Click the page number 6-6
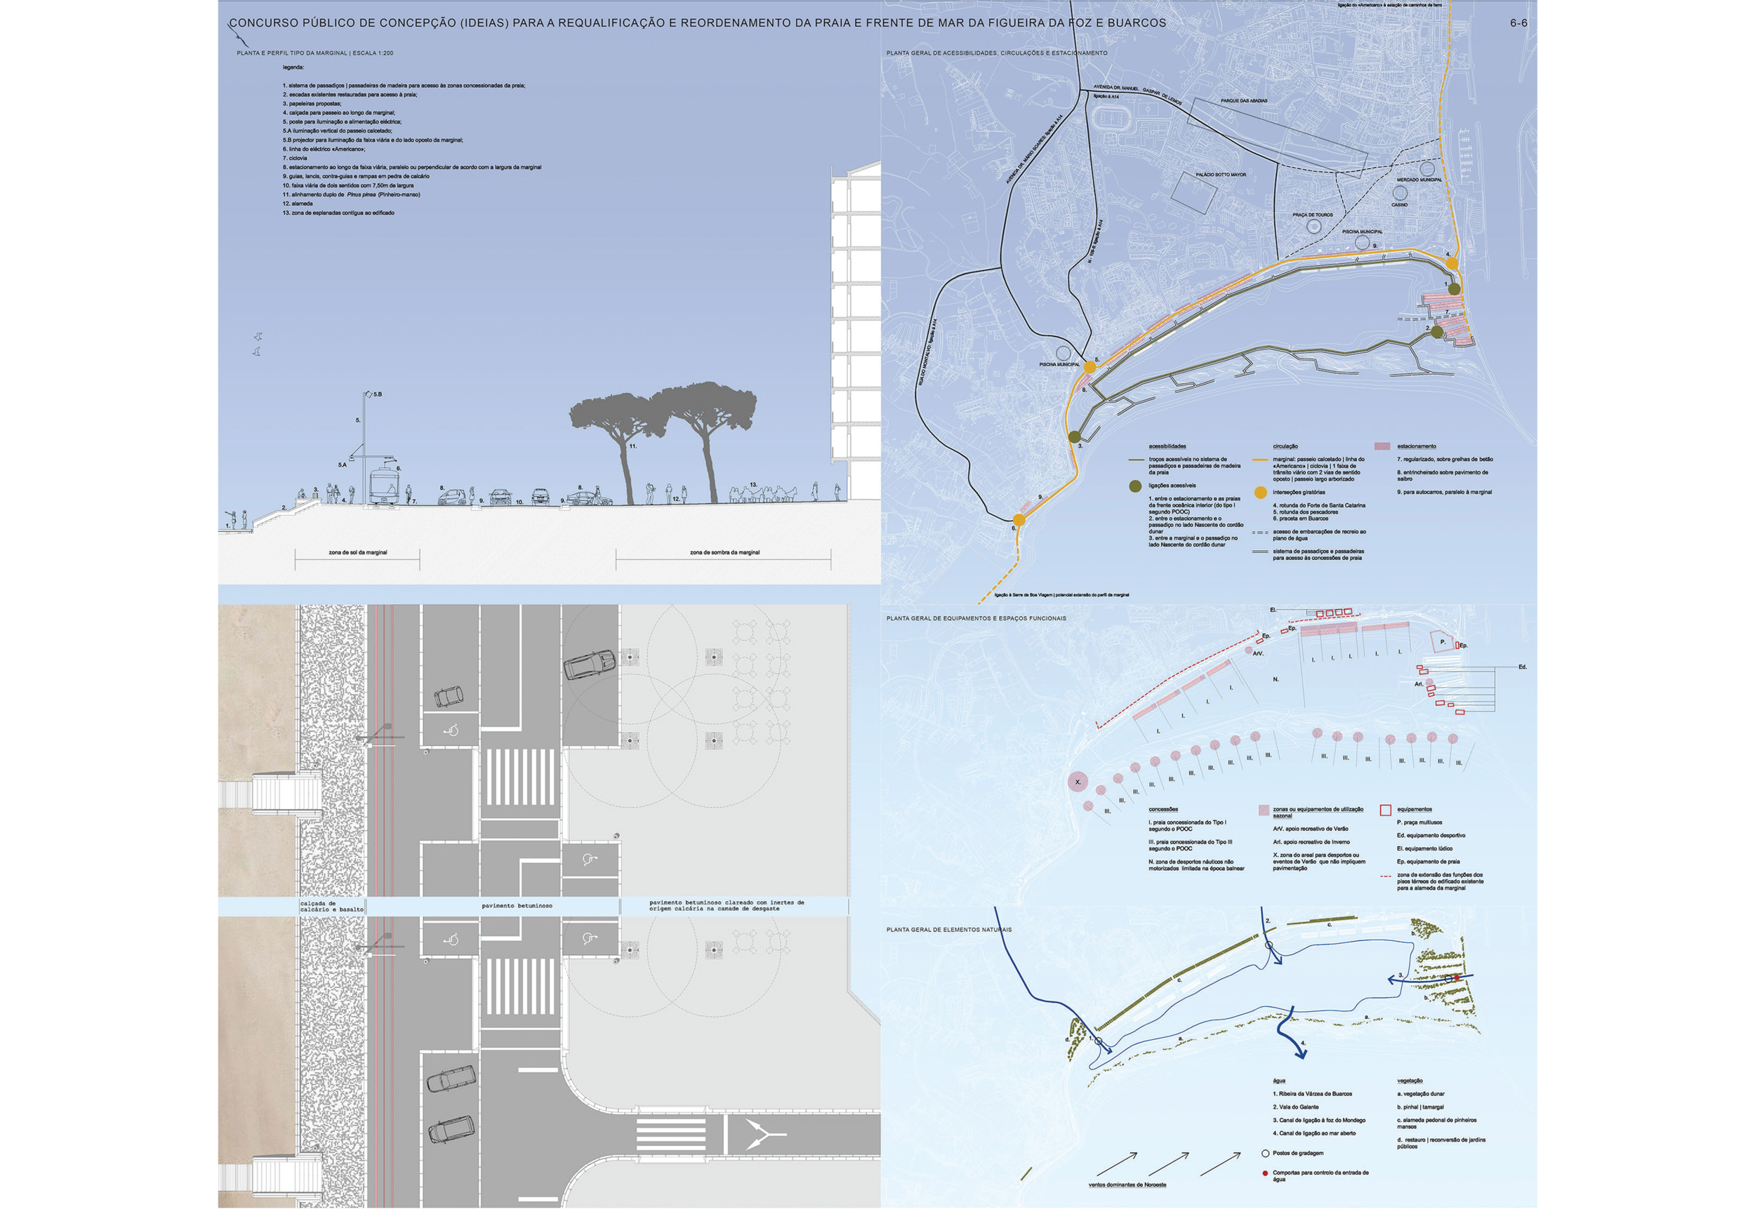pyautogui.click(x=1518, y=22)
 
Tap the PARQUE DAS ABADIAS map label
pyautogui.click(x=1243, y=101)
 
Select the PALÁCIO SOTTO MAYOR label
pyautogui.click(x=1221, y=175)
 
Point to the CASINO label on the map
pyautogui.click(x=1399, y=204)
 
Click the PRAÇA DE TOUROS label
pyautogui.click(x=1313, y=215)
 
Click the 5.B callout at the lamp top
pyautogui.click(x=376, y=394)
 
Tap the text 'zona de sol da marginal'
pyautogui.click(x=357, y=552)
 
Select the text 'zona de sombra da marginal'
pyautogui.click(x=724, y=552)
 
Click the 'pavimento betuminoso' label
pyautogui.click(x=517, y=906)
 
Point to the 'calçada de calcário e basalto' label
pyautogui.click(x=332, y=906)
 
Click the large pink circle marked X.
pyautogui.click(x=1078, y=782)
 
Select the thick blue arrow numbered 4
pyautogui.click(x=1289, y=1035)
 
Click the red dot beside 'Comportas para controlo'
pyautogui.click(x=1265, y=1173)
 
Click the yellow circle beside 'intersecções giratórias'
pyautogui.click(x=1260, y=493)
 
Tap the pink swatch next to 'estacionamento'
pyautogui.click(x=1382, y=447)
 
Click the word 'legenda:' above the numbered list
pyautogui.click(x=293, y=67)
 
